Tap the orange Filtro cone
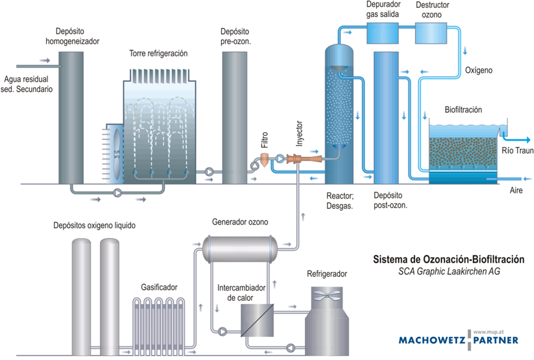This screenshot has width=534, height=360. pyautogui.click(x=265, y=160)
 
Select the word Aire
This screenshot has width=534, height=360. pyautogui.click(x=516, y=191)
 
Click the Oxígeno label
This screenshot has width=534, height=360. pyautogui.click(x=479, y=71)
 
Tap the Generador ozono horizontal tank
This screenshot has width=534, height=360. pyautogui.click(x=240, y=246)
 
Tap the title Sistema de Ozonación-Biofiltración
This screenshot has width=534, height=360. pyautogui.click(x=448, y=259)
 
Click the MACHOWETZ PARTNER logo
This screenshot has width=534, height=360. pyautogui.click(x=458, y=339)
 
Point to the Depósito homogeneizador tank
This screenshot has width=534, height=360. pyautogui.click(x=71, y=116)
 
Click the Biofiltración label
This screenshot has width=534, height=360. pyautogui.click(x=463, y=110)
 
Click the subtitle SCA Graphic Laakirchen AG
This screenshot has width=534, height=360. pyautogui.click(x=448, y=272)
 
